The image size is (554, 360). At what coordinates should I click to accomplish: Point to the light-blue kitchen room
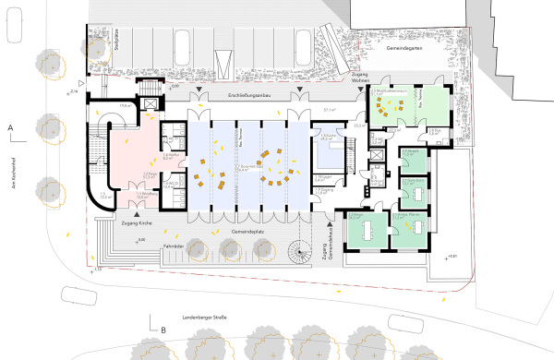coord(327,151)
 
